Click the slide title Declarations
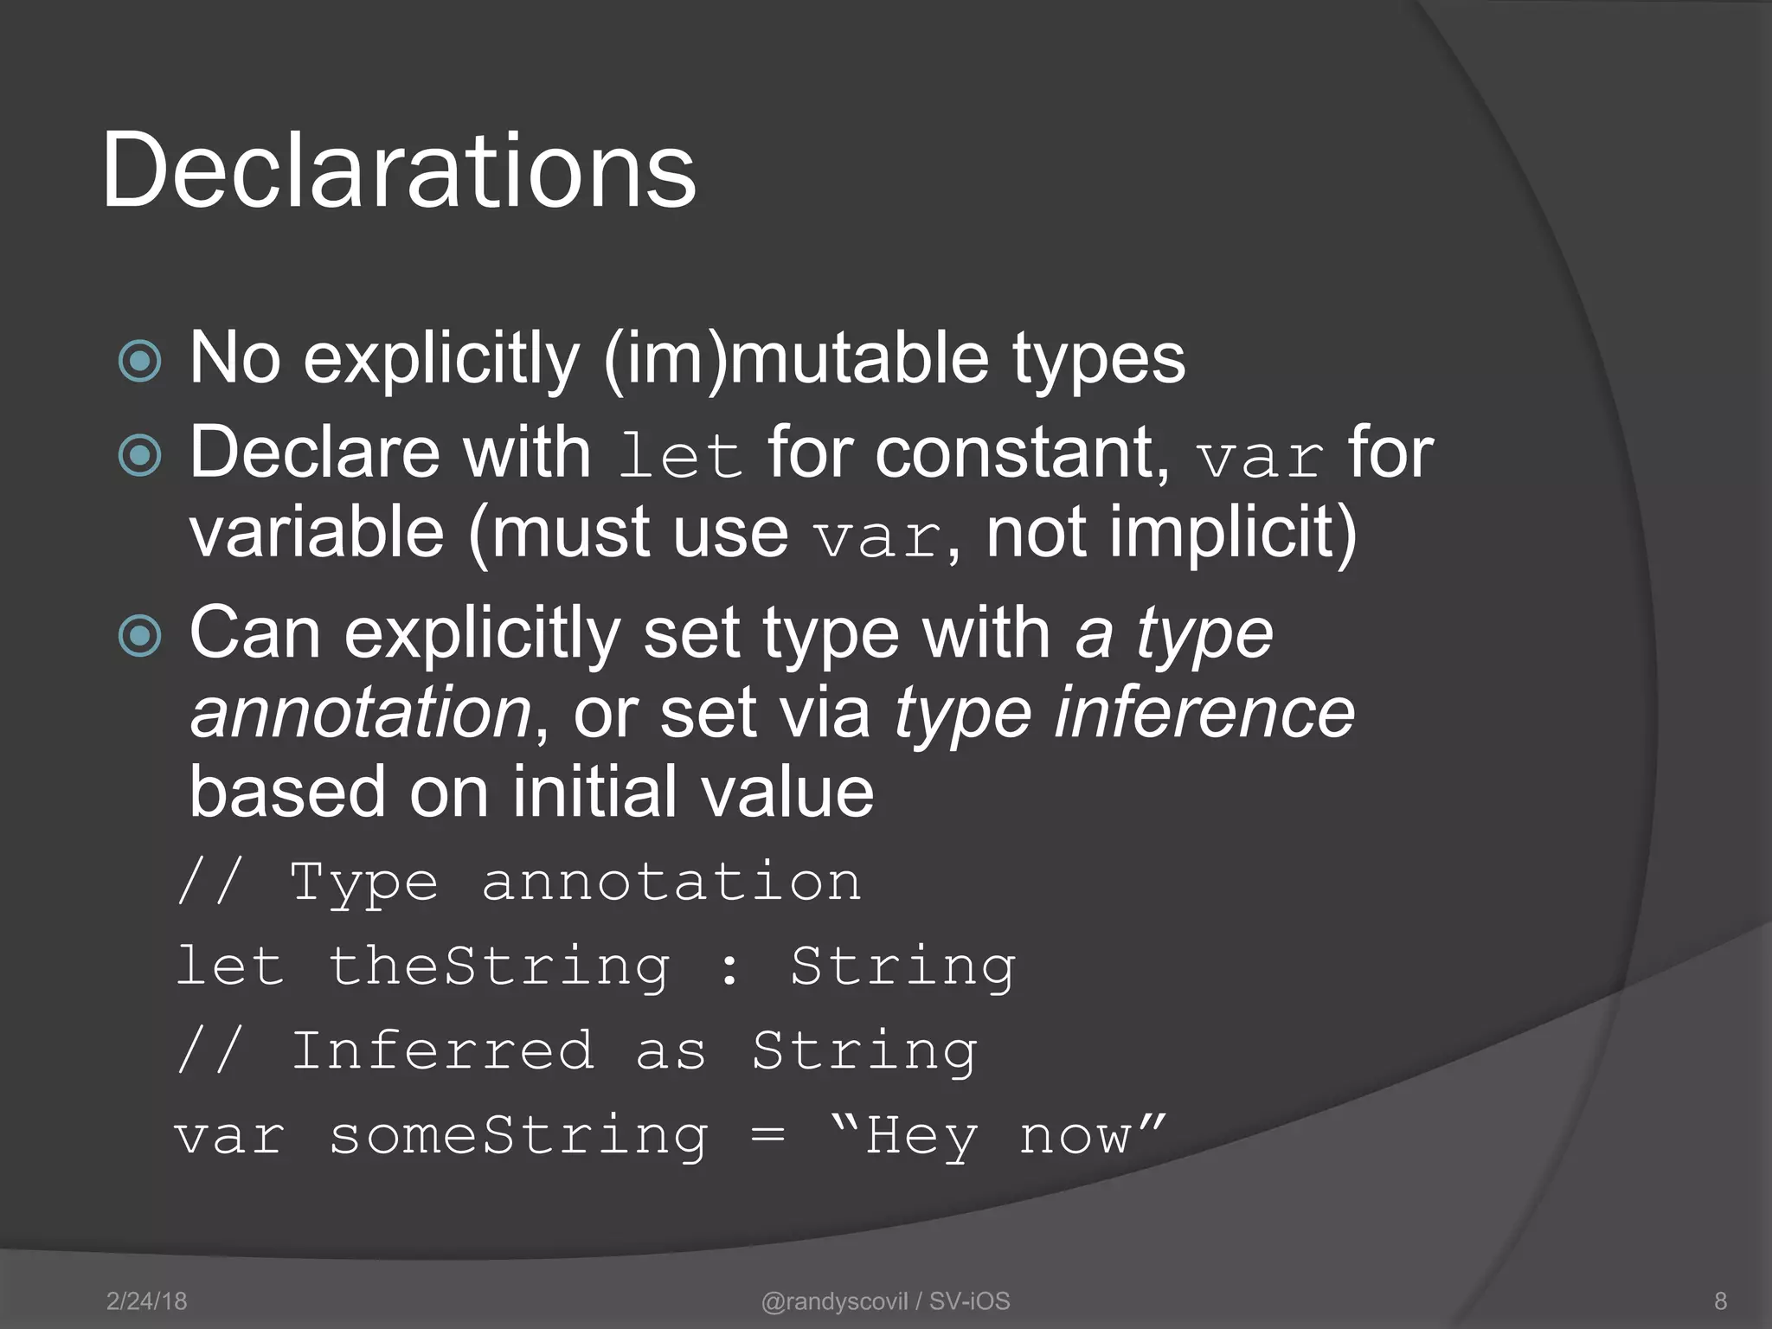click(x=399, y=170)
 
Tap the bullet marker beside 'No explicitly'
click(x=140, y=361)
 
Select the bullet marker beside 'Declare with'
click(x=140, y=455)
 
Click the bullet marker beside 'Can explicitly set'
click(x=140, y=636)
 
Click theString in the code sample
click(x=500, y=966)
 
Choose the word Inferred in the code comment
click(x=442, y=1050)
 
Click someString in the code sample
click(x=519, y=1136)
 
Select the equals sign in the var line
click(x=768, y=1136)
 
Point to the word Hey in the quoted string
click(x=922, y=1136)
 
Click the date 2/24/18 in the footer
click(x=146, y=1300)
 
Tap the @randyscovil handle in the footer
click(x=834, y=1300)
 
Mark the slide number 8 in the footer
click(x=1720, y=1300)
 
